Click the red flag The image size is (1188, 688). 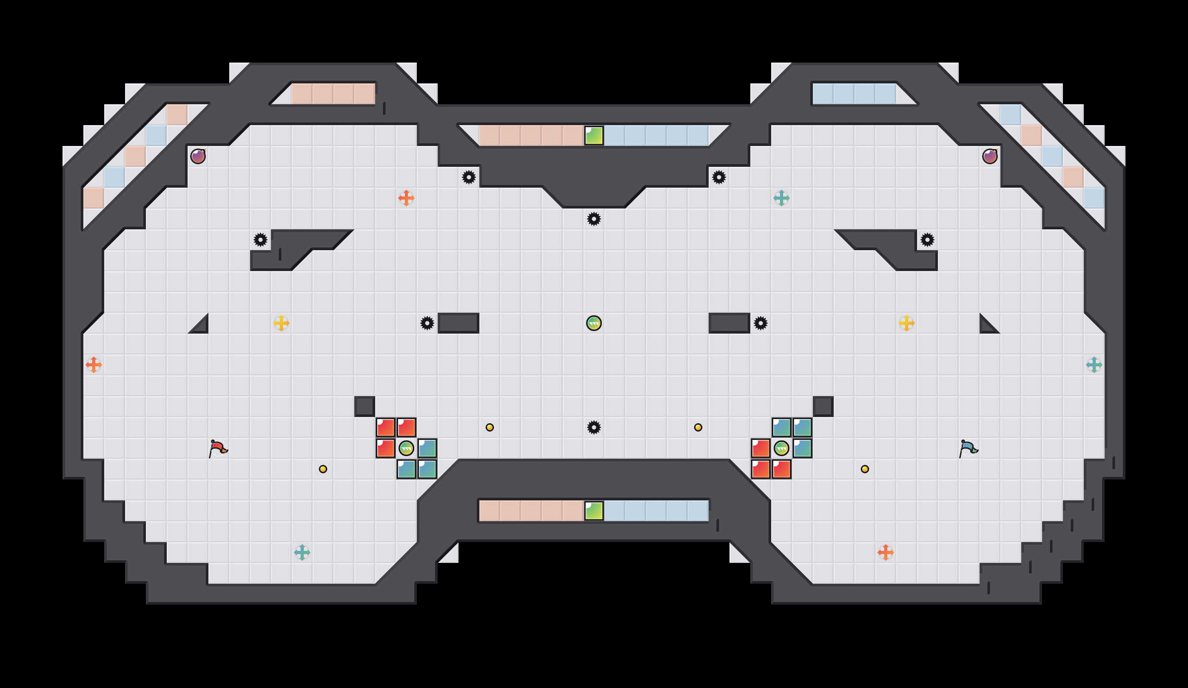(218, 448)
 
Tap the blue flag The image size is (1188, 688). (968, 448)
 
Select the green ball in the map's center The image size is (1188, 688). (594, 323)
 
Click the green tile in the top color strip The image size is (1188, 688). (594, 136)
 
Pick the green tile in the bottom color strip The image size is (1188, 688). (594, 511)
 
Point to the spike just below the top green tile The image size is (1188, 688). (594, 219)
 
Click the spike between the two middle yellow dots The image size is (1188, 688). (594, 427)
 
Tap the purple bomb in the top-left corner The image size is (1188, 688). (198, 156)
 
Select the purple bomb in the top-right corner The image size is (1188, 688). (990, 156)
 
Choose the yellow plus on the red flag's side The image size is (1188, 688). (281, 323)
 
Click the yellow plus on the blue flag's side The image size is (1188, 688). (907, 323)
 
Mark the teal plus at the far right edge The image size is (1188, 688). (1094, 365)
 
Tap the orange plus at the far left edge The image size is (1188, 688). (94, 365)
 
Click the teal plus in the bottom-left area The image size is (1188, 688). (302, 552)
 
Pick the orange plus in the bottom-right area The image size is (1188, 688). (886, 552)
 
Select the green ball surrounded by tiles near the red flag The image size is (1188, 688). (406, 448)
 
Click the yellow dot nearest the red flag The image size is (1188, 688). (323, 469)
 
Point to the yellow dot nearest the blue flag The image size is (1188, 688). (865, 469)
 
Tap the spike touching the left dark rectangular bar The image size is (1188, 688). (427, 323)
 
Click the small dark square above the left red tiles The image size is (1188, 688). (365, 407)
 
